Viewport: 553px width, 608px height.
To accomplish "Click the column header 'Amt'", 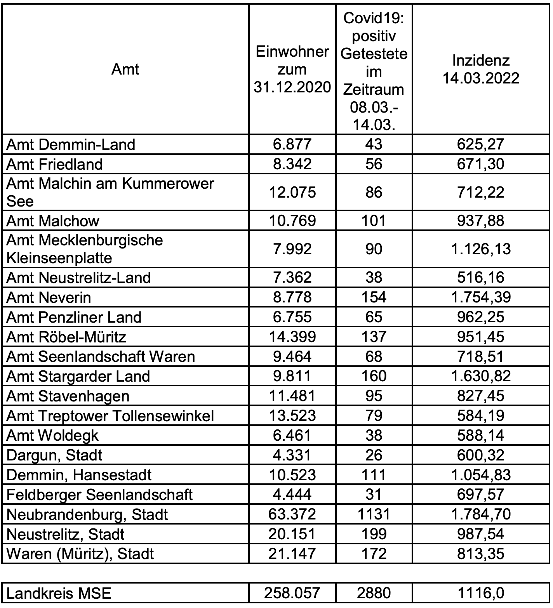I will point(125,69).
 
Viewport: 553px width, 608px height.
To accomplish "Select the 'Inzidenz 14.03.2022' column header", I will point(481,69).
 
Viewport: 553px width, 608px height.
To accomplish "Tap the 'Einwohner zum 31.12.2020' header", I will point(292,69).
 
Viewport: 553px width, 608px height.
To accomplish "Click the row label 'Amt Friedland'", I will point(55,164).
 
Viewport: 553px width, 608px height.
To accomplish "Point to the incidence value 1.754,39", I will point(481,297).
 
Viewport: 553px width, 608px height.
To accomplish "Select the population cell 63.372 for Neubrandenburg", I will point(292,514).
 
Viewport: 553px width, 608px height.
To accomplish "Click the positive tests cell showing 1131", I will point(374,514).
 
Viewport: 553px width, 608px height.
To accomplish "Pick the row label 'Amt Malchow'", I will point(53,221).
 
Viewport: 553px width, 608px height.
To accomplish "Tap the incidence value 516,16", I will point(481,277).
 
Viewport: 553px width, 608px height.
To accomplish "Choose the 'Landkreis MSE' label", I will point(59,593).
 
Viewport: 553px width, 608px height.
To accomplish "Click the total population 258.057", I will point(292,593).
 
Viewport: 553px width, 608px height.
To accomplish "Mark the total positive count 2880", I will point(374,593).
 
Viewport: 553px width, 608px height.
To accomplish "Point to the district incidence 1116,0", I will point(481,593).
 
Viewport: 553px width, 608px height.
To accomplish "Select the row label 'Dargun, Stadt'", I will point(55,455).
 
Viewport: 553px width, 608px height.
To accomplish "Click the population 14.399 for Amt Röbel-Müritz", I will point(292,337).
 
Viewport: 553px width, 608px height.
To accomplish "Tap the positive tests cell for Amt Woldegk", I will point(374,435).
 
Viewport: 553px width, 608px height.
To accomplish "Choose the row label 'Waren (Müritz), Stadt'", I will point(80,554).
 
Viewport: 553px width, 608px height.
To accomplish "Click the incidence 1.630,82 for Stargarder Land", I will point(481,376).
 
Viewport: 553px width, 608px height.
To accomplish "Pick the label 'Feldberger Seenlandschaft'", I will point(100,495).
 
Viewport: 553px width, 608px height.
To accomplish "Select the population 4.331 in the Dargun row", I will point(292,455).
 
